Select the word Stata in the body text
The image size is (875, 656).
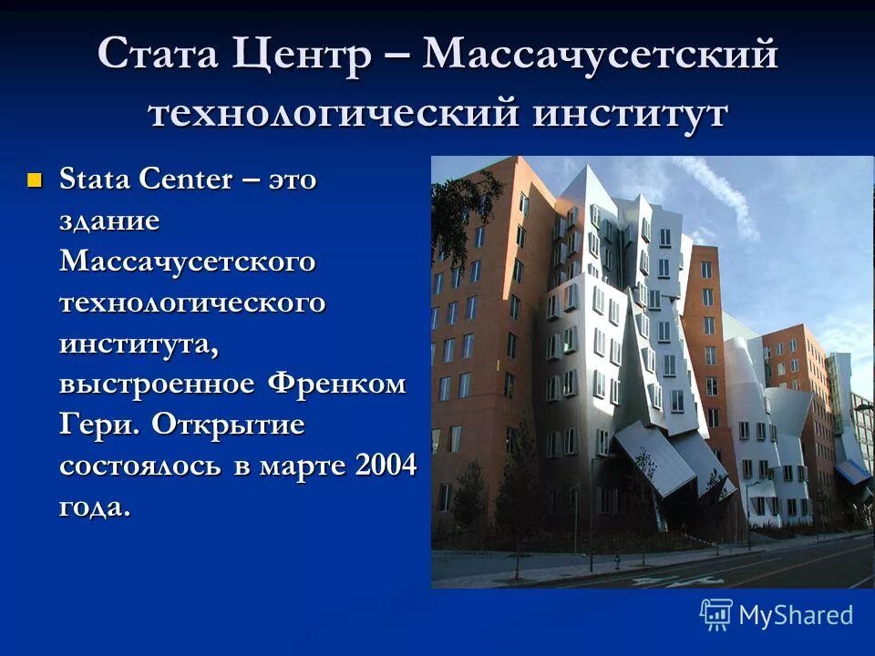[95, 179]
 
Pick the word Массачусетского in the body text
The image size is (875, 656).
[188, 261]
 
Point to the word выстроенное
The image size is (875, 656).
[157, 384]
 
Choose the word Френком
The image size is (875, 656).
[336, 384]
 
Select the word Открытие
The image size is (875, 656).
[229, 425]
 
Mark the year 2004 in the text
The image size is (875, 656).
[386, 465]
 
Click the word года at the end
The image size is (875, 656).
[95, 507]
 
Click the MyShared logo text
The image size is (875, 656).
[796, 615]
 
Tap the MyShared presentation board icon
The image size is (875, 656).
[716, 614]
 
